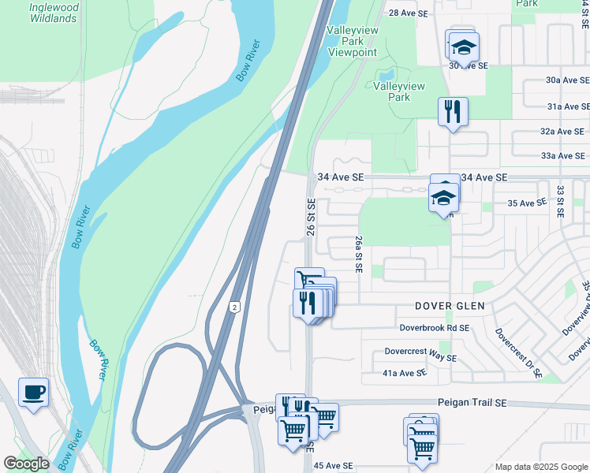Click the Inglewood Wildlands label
click(x=54, y=13)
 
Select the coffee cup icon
click(x=33, y=392)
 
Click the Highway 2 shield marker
click(x=234, y=307)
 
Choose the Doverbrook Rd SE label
click(x=434, y=327)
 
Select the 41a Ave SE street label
click(x=404, y=373)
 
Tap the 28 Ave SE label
click(x=409, y=13)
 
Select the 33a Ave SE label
click(x=562, y=156)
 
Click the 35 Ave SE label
click(x=527, y=203)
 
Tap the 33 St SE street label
click(x=560, y=202)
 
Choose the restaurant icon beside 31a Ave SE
click(x=453, y=110)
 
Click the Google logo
click(x=26, y=464)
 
